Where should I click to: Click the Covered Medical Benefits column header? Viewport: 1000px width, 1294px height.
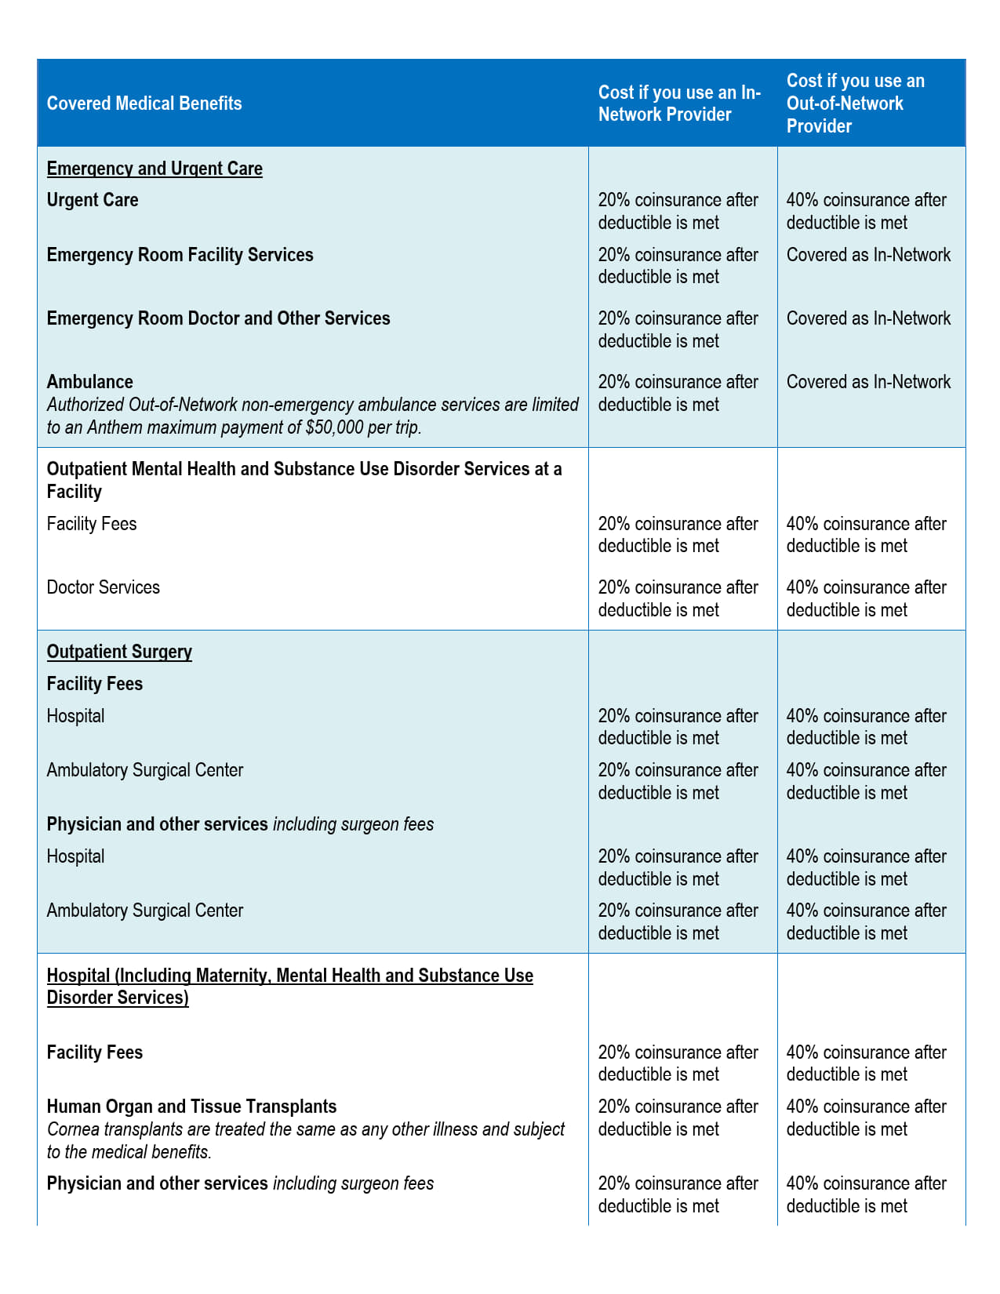tap(144, 104)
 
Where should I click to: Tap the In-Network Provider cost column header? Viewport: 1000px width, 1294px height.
tap(679, 104)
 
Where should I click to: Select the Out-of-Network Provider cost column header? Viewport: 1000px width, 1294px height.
tap(855, 104)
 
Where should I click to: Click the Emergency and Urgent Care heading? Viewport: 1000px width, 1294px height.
tap(155, 169)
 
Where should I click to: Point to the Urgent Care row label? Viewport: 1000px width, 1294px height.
tap(93, 200)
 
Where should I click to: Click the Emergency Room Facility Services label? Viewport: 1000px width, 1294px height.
tap(180, 255)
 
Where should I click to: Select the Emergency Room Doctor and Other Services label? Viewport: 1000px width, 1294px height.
tap(218, 318)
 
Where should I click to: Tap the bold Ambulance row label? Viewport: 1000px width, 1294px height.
tap(90, 382)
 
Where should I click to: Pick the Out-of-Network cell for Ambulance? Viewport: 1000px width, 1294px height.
tap(868, 382)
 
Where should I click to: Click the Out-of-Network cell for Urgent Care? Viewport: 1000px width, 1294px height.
tap(866, 211)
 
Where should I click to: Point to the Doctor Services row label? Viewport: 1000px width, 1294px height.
tap(104, 587)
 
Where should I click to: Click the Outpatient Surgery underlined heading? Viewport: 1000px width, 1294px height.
tap(119, 652)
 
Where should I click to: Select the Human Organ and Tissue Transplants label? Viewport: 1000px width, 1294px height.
tap(191, 1107)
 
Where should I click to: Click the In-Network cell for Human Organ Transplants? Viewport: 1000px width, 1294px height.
tap(678, 1118)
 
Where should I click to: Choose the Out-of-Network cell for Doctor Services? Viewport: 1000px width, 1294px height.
tap(866, 598)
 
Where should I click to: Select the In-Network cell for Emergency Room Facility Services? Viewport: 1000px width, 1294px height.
tap(678, 266)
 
